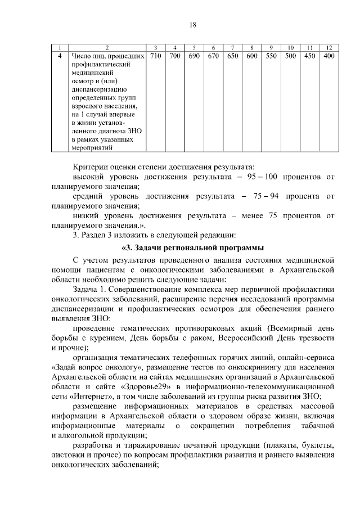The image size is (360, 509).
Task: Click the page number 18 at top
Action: tap(192, 25)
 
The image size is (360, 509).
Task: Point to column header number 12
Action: tap(329, 47)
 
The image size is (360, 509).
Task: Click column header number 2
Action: tap(107, 47)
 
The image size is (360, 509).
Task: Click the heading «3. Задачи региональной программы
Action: tap(192, 248)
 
